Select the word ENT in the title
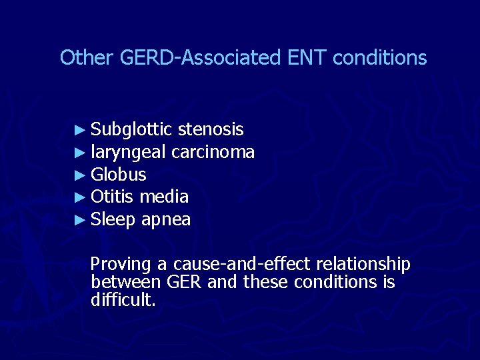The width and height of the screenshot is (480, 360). click(307, 58)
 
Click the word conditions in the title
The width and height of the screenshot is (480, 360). click(379, 58)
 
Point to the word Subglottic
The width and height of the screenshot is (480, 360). click(132, 129)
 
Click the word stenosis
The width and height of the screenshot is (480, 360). click(211, 129)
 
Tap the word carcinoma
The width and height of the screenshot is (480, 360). click(213, 152)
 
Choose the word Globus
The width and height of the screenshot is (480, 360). click(119, 175)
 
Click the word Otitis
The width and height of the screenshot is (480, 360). click(113, 197)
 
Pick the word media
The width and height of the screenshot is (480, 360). click(164, 197)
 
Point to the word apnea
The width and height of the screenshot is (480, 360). click(166, 219)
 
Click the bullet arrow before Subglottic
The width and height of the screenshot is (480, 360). click(80, 129)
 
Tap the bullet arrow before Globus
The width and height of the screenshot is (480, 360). click(80, 175)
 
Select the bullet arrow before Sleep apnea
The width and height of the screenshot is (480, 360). click(80, 219)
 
